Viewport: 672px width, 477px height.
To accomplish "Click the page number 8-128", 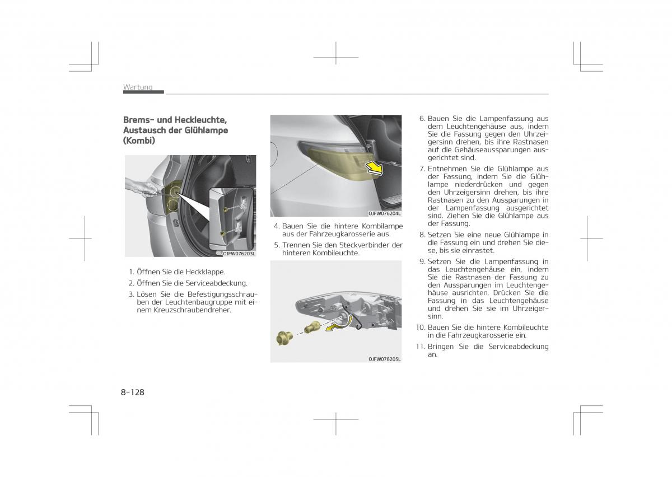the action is pos(132,392).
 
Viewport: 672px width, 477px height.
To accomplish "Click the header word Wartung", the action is pos(138,87).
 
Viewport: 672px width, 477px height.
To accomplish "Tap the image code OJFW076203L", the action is pos(239,254).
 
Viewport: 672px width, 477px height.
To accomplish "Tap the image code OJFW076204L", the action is pos(384,213).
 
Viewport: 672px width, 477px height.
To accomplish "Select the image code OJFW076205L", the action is pos(384,359).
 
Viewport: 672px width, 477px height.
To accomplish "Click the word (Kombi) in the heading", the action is pos(139,141).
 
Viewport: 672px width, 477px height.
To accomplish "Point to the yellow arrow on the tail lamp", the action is pos(374,167).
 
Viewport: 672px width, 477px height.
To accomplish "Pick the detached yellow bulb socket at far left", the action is pos(283,338).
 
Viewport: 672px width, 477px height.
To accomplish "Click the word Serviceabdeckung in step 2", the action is pos(216,283).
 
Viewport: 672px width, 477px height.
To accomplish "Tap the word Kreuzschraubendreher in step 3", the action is pos(192,310).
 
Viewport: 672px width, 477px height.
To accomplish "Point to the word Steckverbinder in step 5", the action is pos(363,245).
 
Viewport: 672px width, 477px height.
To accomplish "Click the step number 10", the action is pos(421,328).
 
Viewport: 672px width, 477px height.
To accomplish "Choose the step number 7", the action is pos(422,169).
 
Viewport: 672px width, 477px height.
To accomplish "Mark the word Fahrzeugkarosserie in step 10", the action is pos(479,335).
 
